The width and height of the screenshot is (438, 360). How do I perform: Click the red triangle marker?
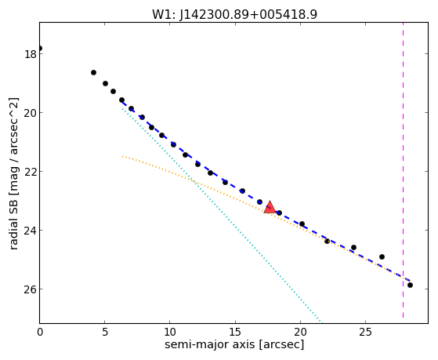270,207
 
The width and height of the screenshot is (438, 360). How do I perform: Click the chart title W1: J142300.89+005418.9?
234,14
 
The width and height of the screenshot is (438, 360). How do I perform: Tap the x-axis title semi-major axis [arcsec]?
234,344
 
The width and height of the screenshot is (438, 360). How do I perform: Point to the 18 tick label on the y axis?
31,54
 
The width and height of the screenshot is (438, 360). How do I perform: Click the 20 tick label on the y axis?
31,113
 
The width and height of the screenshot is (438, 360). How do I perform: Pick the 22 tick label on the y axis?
31,172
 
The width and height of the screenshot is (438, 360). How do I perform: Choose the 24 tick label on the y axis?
31,231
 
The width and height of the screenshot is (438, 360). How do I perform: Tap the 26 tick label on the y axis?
31,289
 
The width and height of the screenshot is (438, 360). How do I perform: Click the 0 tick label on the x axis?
40,332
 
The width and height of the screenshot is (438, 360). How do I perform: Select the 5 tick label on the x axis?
105,332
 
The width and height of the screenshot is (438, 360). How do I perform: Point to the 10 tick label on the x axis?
170,332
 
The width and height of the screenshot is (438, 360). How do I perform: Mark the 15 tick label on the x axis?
235,332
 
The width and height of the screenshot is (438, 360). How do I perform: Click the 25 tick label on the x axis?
365,332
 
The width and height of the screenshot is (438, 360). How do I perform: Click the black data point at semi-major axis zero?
40,48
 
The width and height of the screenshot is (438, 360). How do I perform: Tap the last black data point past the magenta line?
410,285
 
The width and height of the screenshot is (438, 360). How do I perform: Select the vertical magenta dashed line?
403,170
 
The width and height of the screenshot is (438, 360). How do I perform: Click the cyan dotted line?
222,216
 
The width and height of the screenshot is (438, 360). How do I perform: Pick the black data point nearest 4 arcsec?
93,72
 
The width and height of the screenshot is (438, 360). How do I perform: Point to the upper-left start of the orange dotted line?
123,156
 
